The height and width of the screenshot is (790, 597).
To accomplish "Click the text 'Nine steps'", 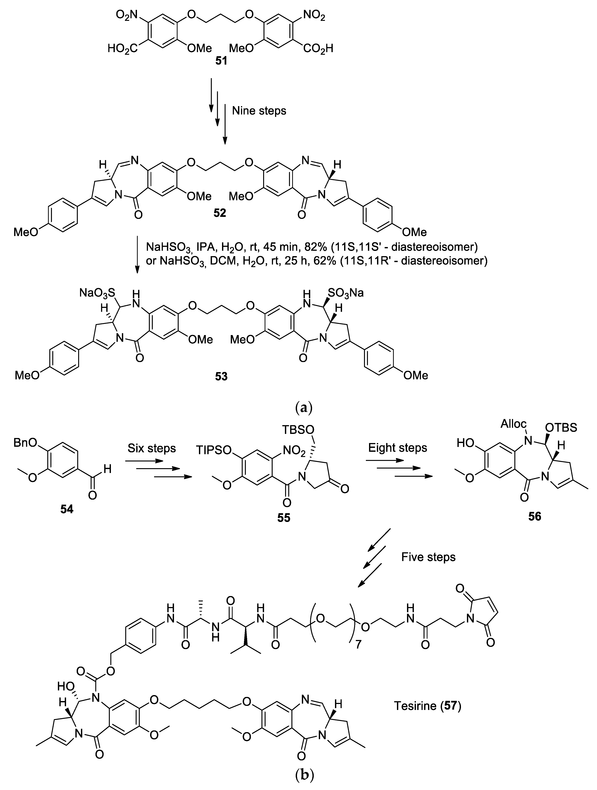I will coord(259,111).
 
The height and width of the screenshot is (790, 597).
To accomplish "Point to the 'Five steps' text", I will coord(428,557).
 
